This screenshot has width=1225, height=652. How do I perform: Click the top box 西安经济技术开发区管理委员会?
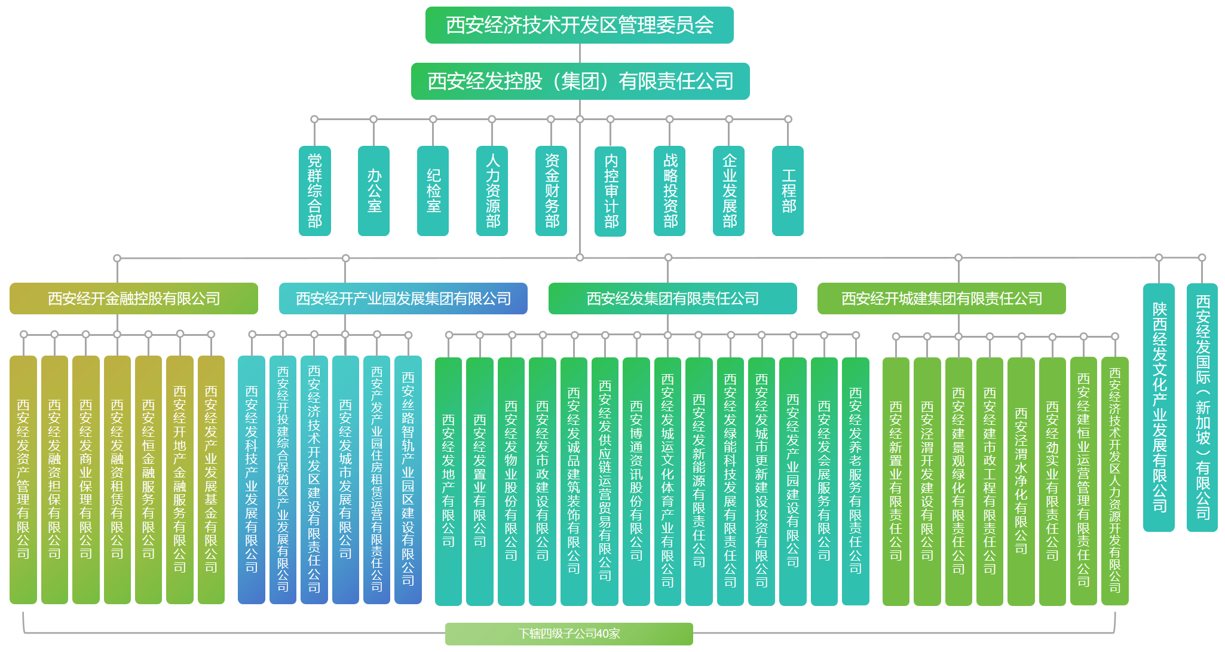pos(579,25)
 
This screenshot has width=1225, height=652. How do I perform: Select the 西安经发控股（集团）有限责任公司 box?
pos(580,81)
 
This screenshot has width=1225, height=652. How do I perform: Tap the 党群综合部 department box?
pos(314,191)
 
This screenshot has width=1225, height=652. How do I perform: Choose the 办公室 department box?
pos(373,191)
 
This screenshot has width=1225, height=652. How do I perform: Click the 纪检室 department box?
pos(433,191)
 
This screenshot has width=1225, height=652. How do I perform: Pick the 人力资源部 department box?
pos(492,191)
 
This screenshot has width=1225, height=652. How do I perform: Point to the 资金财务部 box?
pos(551,191)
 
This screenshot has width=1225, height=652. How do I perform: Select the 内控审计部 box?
pos(610,191)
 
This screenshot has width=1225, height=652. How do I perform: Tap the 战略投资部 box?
pos(669,191)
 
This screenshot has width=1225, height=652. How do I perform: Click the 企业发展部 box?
pos(728,191)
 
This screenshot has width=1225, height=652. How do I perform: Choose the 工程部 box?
pos(788,191)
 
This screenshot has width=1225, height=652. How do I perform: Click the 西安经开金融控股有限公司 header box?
pos(134,298)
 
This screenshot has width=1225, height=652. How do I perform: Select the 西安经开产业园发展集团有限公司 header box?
pos(403,298)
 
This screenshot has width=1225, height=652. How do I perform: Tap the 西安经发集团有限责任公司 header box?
pos(672,298)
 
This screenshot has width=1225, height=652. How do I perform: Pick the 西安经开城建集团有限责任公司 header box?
pos(941,298)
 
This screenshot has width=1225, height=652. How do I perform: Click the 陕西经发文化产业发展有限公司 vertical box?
pos(1159,407)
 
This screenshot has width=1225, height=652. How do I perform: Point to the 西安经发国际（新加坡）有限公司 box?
pos(1202,407)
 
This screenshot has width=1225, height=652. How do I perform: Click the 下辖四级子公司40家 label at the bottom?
pos(569,633)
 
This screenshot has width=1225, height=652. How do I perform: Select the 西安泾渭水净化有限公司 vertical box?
pos(1021,481)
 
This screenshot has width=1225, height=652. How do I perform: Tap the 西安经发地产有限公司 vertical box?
pos(448,481)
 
